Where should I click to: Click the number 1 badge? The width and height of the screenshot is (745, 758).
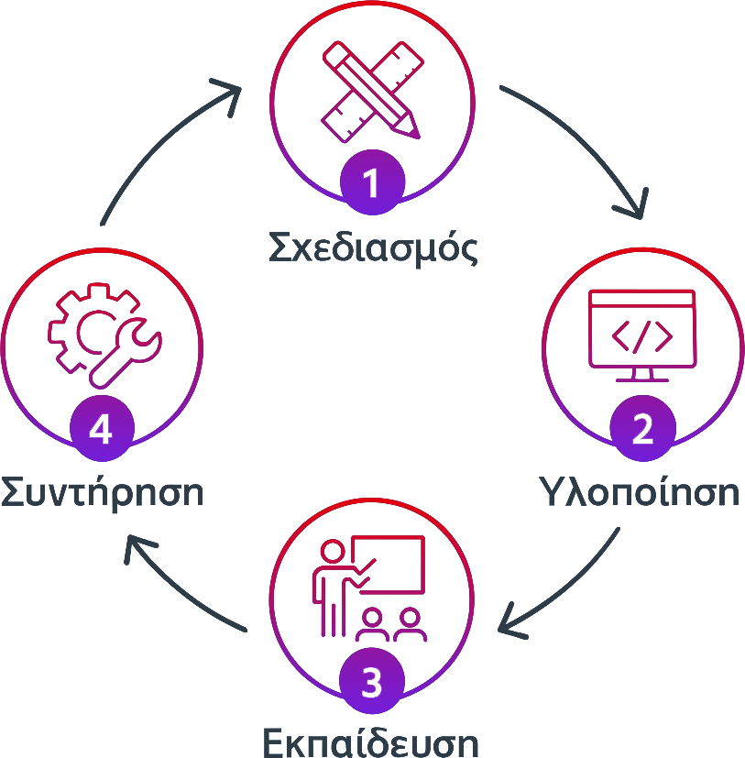click(x=371, y=183)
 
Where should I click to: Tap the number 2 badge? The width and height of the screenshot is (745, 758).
click(x=642, y=429)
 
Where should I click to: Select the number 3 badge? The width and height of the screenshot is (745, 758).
click(x=371, y=683)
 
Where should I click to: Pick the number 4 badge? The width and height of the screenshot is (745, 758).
click(x=101, y=429)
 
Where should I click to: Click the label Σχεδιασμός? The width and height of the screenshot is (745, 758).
click(x=372, y=245)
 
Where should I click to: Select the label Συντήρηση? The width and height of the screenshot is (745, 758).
click(x=102, y=492)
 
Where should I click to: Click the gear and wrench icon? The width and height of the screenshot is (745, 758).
click(x=103, y=335)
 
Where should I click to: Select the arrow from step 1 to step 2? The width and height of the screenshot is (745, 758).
click(x=573, y=151)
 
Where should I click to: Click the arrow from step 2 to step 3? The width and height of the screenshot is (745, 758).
click(x=559, y=582)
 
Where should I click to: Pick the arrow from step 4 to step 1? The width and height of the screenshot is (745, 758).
click(x=170, y=151)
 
